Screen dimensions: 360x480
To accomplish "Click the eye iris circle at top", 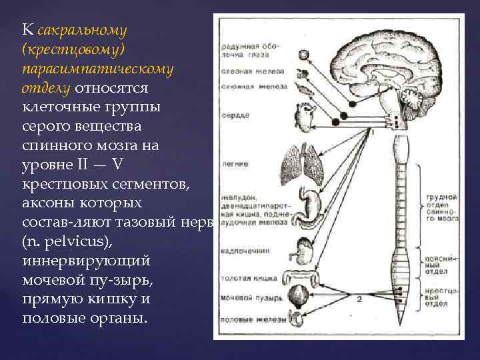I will pyautogui.click(x=303, y=55).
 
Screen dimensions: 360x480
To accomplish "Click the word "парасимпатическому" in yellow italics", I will pyautogui.click(x=97, y=69).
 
